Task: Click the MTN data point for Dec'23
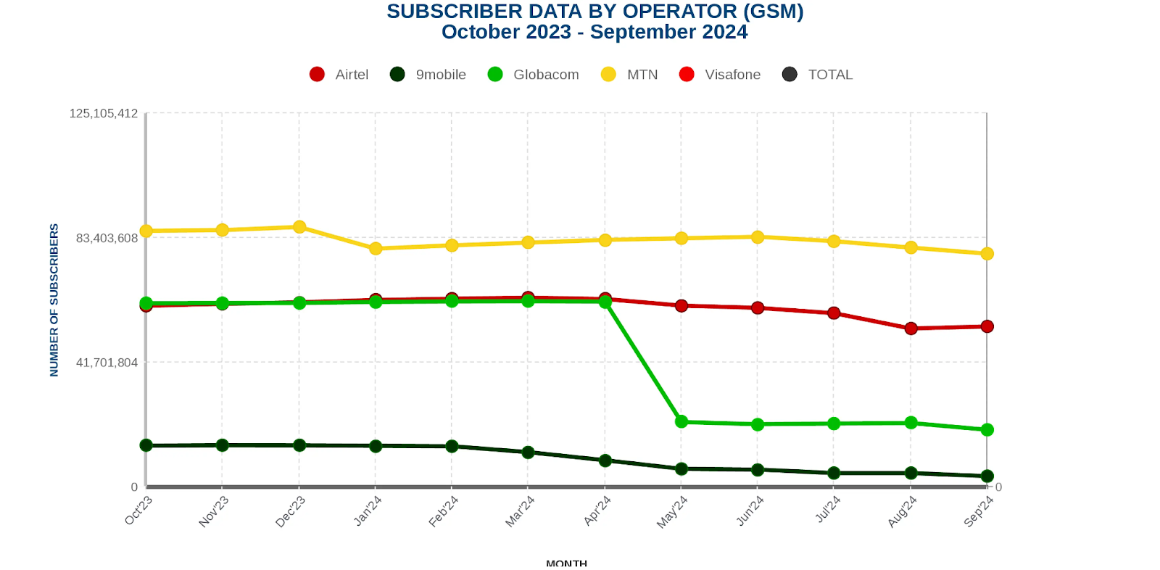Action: pos(299,227)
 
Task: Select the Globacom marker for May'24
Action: pos(681,421)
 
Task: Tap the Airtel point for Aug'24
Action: pos(911,329)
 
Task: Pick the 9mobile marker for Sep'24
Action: pos(987,476)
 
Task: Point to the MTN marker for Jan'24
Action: pos(376,249)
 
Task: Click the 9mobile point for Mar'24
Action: pos(528,453)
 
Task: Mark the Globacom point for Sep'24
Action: pos(987,430)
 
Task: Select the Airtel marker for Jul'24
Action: pos(834,313)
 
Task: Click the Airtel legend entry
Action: pos(339,75)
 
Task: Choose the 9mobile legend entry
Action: pos(428,75)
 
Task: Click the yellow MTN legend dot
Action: pos(608,75)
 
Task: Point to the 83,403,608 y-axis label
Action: pos(107,239)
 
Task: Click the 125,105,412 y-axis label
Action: pos(103,114)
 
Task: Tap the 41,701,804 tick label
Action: pos(107,363)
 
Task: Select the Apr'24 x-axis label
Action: pos(598,511)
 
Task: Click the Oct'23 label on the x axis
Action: pos(138,511)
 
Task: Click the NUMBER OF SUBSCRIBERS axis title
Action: pos(54,300)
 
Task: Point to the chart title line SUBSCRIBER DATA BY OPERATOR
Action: pos(594,12)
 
